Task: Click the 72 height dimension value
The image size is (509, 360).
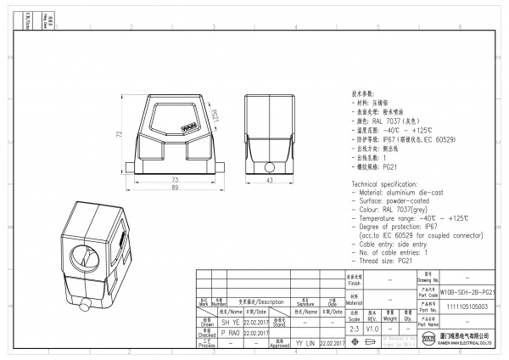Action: pos(120,134)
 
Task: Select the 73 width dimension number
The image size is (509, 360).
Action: pos(175,180)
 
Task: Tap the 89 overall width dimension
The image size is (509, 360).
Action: pos(175,188)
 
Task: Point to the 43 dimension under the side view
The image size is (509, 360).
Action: pos(269,180)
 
